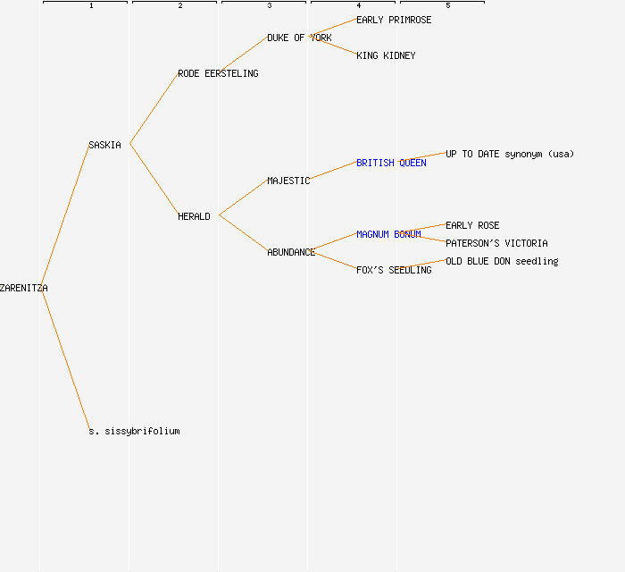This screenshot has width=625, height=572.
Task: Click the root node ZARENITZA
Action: pyautogui.click(x=24, y=288)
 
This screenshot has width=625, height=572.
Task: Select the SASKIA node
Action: pyautogui.click(x=104, y=145)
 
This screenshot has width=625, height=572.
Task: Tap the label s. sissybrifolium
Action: pyautogui.click(x=134, y=431)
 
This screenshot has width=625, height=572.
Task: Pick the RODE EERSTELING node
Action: pyautogui.click(x=218, y=73)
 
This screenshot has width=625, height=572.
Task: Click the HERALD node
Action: pyautogui.click(x=194, y=216)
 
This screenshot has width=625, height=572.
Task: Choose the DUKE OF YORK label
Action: pyautogui.click(x=299, y=38)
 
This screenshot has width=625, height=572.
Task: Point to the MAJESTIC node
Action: pyautogui.click(x=288, y=181)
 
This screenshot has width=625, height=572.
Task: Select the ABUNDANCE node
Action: pyautogui.click(x=291, y=252)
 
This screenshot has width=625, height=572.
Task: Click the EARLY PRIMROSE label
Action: pyautogui.click(x=394, y=20)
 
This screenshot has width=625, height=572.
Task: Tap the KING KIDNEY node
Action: pyautogui.click(x=386, y=55)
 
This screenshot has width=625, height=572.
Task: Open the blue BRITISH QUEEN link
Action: pyautogui.click(x=391, y=163)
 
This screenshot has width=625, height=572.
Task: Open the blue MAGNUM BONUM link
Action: pyautogui.click(x=388, y=234)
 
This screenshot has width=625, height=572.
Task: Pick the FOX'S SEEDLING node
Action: pyautogui.click(x=394, y=270)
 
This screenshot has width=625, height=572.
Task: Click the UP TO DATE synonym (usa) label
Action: pyautogui.click(x=510, y=154)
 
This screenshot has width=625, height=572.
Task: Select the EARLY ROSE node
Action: pyautogui.click(x=472, y=225)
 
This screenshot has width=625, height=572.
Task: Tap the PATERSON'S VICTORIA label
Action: pyautogui.click(x=496, y=243)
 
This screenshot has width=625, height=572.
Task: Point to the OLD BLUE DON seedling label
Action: pyautogui.click(x=502, y=261)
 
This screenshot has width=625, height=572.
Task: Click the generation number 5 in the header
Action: pyautogui.click(x=448, y=6)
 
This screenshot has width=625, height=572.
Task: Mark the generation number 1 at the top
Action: pyautogui.click(x=91, y=6)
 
